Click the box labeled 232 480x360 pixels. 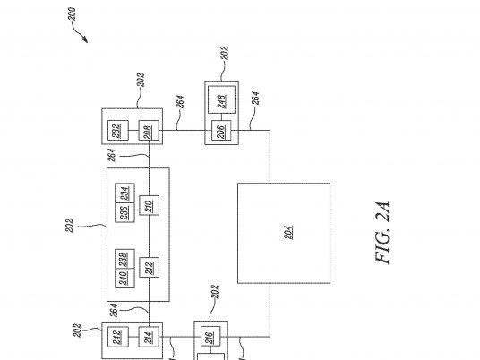[x=118, y=131]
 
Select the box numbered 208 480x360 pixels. [x=149, y=131]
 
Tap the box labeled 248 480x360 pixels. [x=221, y=99]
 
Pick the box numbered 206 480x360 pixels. [x=221, y=131]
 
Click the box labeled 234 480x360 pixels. [x=124, y=193]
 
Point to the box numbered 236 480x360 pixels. [x=124, y=212]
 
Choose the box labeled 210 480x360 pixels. [x=149, y=205]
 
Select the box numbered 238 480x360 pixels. [x=124, y=259]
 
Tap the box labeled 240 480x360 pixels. [x=124, y=279]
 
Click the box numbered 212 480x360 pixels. [x=149, y=267]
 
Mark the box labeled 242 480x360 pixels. [x=118, y=337]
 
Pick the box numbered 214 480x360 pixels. [x=149, y=337]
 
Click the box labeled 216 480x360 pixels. [x=210, y=337]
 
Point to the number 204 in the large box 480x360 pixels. [x=288, y=232]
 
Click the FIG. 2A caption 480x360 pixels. [x=382, y=233]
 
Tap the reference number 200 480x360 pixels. [x=72, y=14]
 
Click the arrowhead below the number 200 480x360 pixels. [x=85, y=39]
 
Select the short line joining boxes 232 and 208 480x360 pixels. [x=133, y=131]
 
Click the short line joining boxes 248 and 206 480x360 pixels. [x=221, y=116]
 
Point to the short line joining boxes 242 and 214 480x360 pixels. [x=133, y=337]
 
